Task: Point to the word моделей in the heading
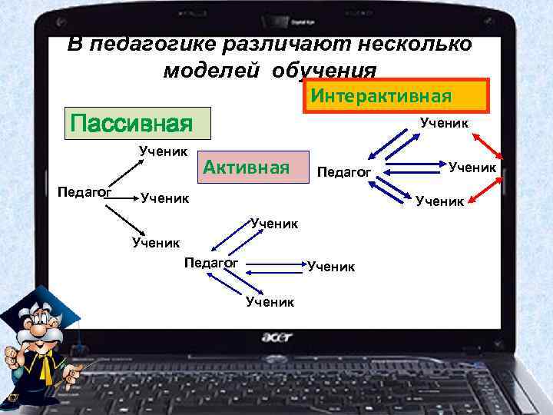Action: click(203, 70)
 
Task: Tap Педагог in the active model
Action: click(212, 264)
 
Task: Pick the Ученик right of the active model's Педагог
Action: click(331, 267)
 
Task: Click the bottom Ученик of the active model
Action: click(270, 302)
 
